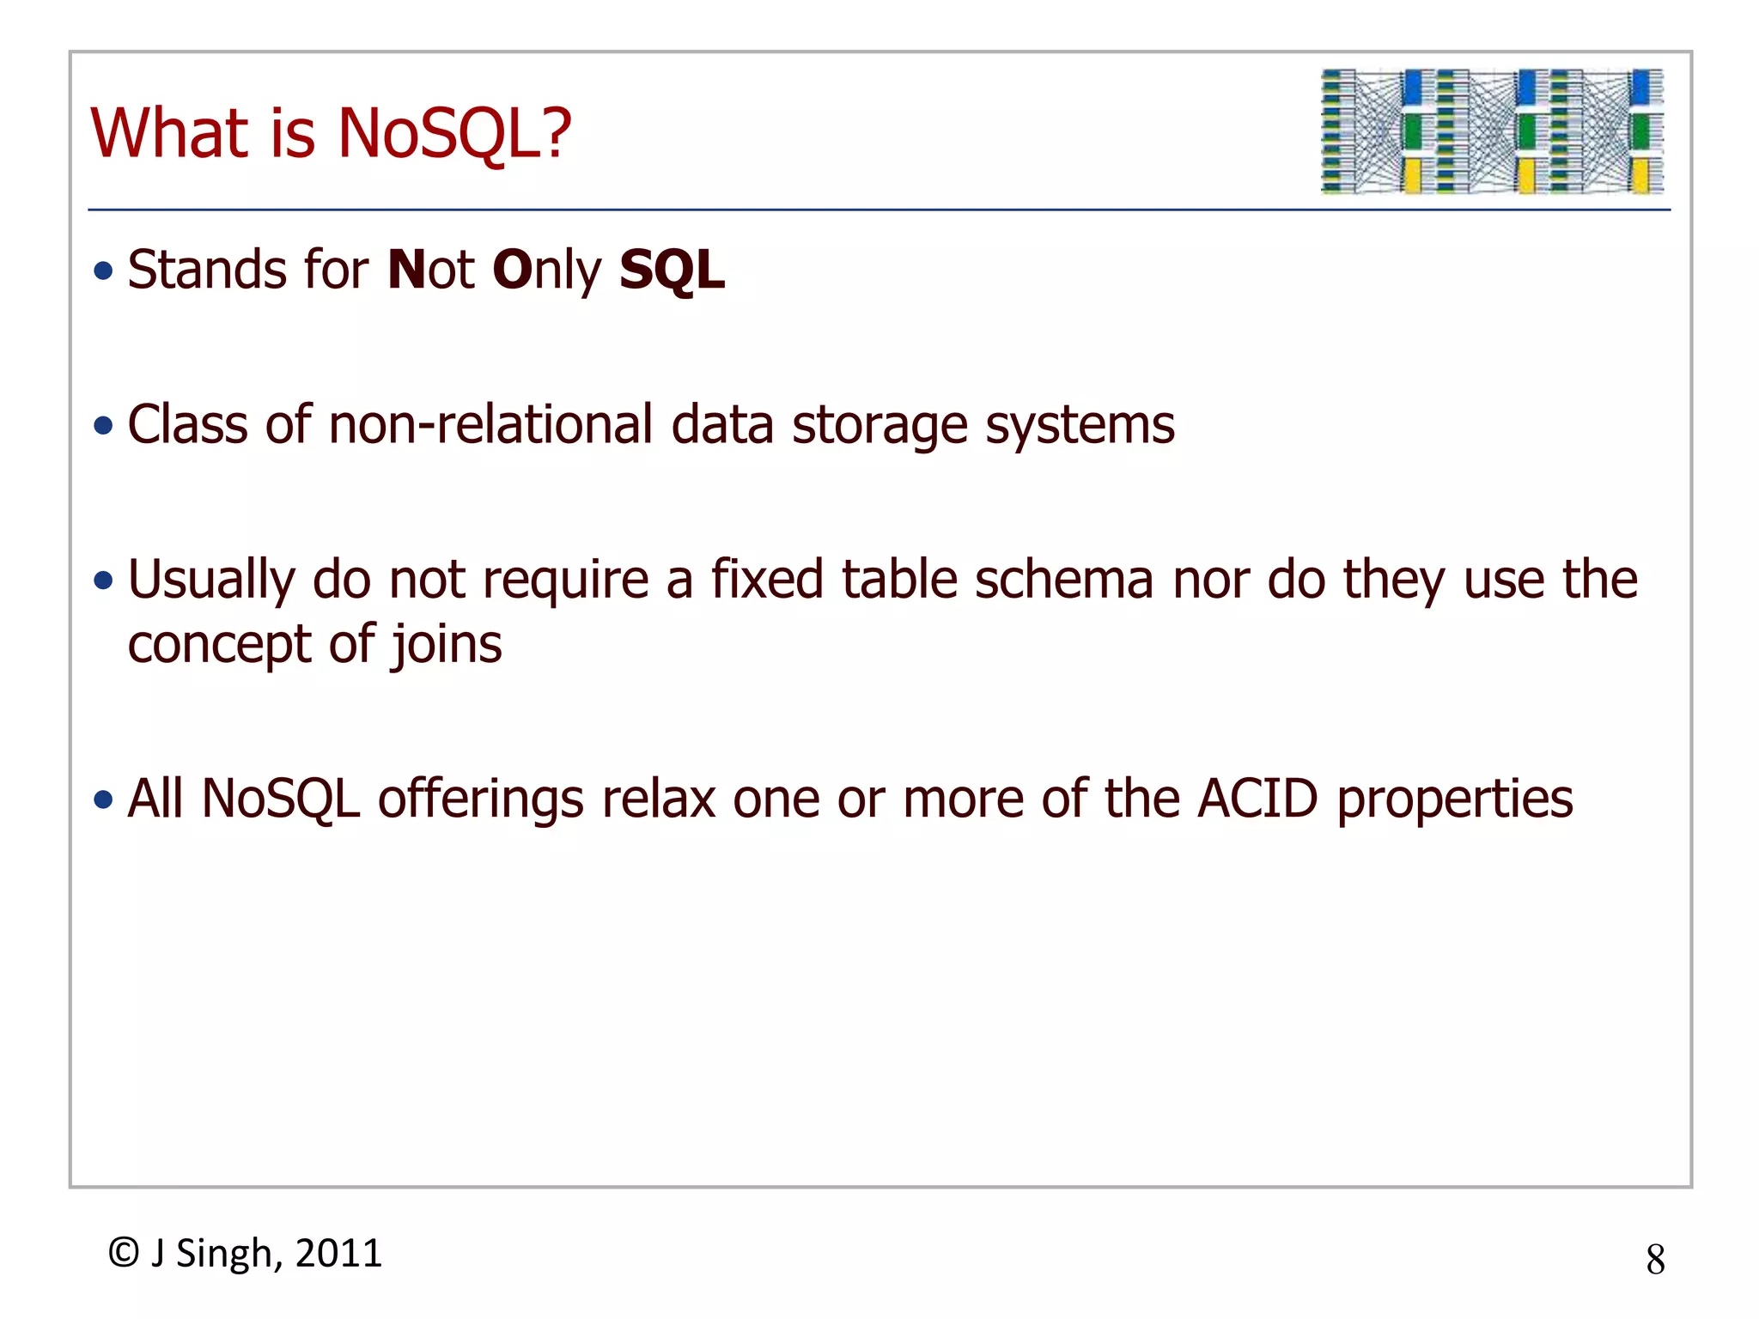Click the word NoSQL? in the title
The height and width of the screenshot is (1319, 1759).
coord(454,134)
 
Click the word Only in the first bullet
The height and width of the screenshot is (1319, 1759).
coord(547,271)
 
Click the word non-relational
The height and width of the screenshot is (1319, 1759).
coord(490,425)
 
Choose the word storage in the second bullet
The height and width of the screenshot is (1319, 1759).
coord(879,427)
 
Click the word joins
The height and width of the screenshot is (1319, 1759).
coord(447,646)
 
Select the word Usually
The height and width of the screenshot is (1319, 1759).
coord(211,581)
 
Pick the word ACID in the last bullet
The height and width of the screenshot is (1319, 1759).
coord(1257,799)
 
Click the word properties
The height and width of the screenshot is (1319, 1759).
coord(1455,800)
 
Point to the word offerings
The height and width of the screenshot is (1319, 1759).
coord(481,800)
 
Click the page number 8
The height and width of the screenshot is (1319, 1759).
coord(1655,1260)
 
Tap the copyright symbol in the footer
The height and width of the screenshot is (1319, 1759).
coord(124,1253)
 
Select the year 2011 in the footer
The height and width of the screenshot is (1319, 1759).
coord(338,1254)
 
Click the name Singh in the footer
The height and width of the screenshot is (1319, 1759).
coord(226,1255)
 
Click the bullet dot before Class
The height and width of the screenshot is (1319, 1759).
coord(104,426)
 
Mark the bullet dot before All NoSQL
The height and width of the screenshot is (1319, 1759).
coord(104,800)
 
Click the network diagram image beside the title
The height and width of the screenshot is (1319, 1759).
coord(1492,131)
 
